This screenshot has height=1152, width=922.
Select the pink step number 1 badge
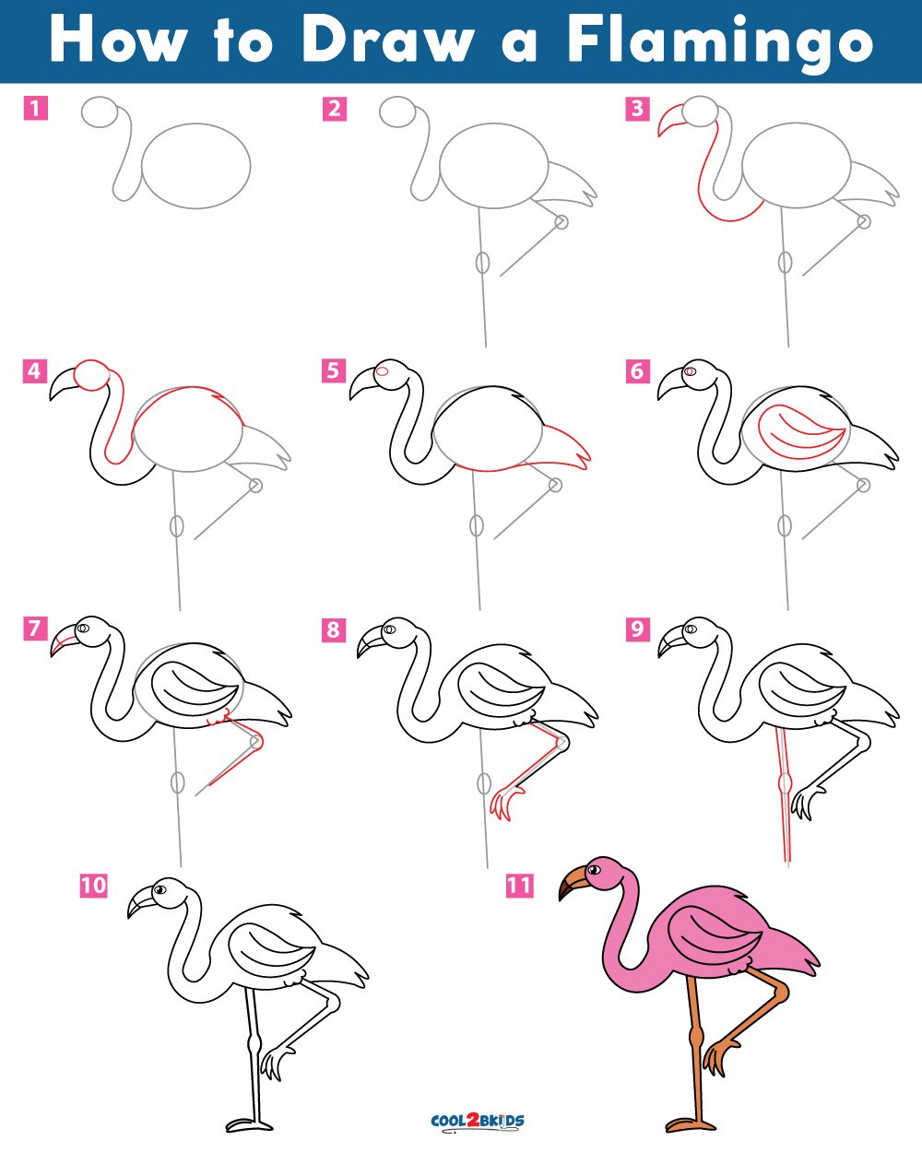click(x=35, y=108)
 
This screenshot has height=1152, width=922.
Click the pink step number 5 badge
click(x=333, y=370)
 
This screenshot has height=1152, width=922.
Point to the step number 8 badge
click(x=333, y=629)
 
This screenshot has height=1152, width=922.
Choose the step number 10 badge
click(x=94, y=885)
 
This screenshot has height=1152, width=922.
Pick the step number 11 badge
click(x=520, y=885)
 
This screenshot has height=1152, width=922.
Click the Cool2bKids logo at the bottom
click(x=478, y=1121)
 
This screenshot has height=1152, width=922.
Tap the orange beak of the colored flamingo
click(x=573, y=883)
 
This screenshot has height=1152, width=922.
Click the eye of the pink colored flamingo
click(x=594, y=869)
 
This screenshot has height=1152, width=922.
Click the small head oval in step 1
click(x=100, y=112)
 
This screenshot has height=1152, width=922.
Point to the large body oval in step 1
click(x=196, y=166)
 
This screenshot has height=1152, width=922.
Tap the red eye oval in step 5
click(x=383, y=371)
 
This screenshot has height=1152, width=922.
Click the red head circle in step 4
click(x=91, y=375)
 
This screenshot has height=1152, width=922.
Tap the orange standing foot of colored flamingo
click(x=690, y=1123)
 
